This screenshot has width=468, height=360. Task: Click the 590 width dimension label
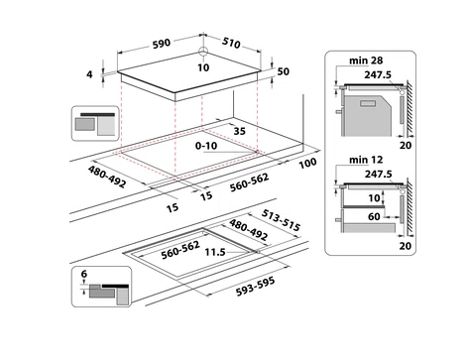(x=162, y=44)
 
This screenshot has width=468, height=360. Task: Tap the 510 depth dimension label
(x=231, y=43)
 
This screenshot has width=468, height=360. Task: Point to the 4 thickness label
(x=89, y=74)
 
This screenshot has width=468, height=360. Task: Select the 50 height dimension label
(x=284, y=71)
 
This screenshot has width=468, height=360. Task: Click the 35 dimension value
(x=240, y=131)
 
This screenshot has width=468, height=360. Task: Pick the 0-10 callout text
(x=206, y=146)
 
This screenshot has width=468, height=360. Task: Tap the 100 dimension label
(x=307, y=163)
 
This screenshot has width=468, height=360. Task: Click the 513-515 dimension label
(x=281, y=220)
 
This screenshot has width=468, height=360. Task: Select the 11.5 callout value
(x=215, y=252)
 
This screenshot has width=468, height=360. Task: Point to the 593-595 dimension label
(x=255, y=287)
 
